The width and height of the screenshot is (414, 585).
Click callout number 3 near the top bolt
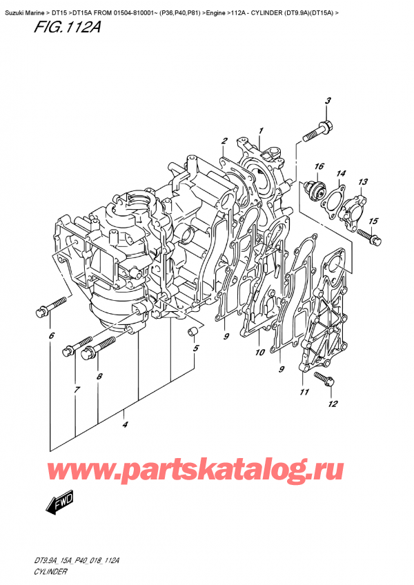pos(328,101)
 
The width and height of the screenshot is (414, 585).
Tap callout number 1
pos(261,130)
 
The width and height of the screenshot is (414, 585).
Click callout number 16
pos(319,167)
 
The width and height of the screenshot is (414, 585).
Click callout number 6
pos(50,336)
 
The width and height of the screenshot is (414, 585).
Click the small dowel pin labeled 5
pos(187,335)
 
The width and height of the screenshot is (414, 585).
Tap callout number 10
pos(259,353)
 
